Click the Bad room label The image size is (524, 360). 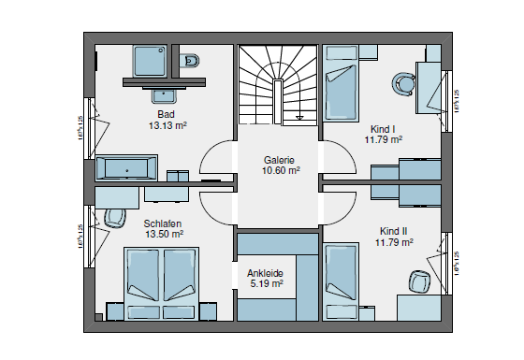166,114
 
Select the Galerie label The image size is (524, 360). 281,160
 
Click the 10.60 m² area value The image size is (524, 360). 281,171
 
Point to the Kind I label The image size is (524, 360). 384,128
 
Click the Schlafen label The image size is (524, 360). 163,224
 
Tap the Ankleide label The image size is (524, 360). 265,273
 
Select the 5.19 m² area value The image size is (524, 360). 265,283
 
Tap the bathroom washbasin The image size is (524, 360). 167,93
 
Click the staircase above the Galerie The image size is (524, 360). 279,83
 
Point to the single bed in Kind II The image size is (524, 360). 342,277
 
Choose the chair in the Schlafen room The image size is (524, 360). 116,218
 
